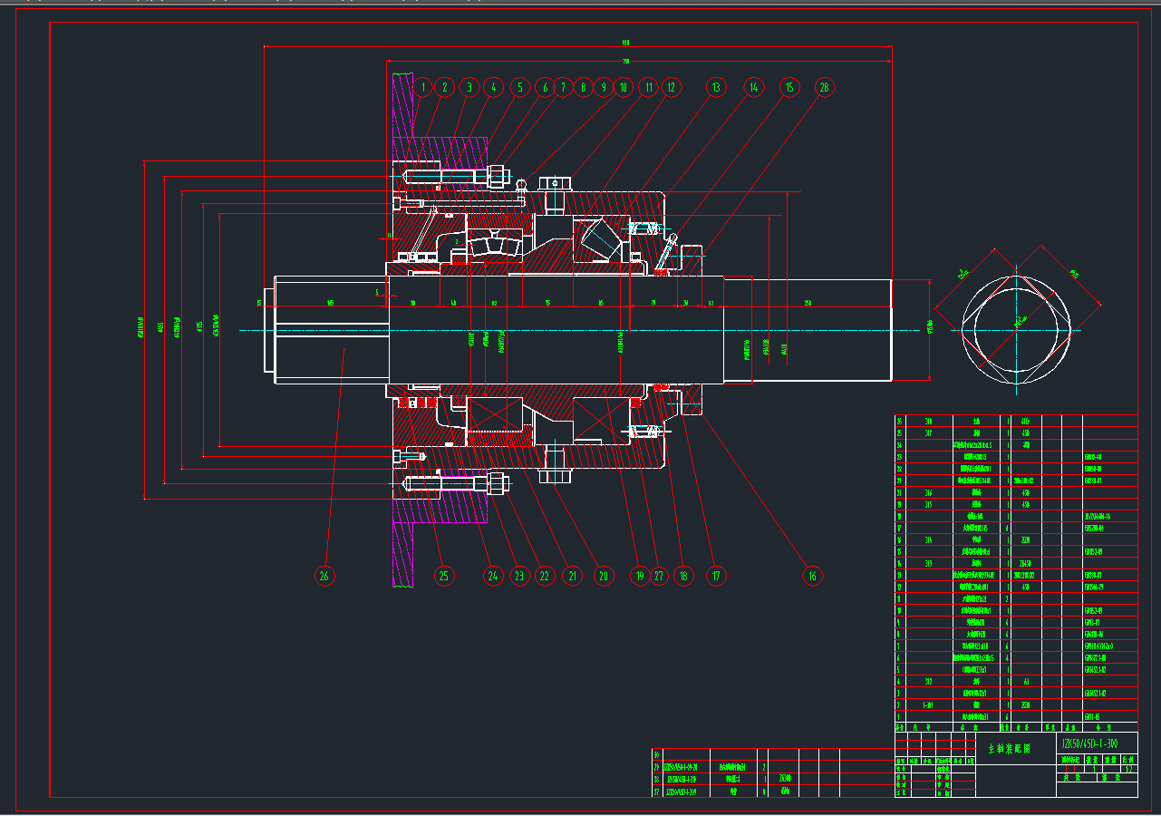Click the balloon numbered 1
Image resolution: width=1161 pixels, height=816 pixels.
[422, 87]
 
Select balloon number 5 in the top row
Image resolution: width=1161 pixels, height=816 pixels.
[518, 87]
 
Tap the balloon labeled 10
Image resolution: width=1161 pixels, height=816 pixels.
[623, 87]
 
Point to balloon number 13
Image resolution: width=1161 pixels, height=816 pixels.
[716, 87]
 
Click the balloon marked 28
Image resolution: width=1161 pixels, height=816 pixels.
[824, 87]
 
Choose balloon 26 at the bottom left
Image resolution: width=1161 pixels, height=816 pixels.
[324, 575]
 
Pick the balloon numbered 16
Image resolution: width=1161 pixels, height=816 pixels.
[812, 575]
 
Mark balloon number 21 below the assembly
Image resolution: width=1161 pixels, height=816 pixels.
[572, 575]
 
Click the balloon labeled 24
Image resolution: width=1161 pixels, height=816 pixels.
[493, 575]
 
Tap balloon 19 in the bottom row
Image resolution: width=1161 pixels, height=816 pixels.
[640, 575]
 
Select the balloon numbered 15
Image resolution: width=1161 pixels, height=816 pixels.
[789, 87]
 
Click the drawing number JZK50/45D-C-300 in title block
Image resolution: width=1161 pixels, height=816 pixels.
[1097, 743]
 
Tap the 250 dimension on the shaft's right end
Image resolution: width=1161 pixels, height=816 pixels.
[808, 302]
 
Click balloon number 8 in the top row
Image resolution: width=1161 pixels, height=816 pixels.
[583, 87]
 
